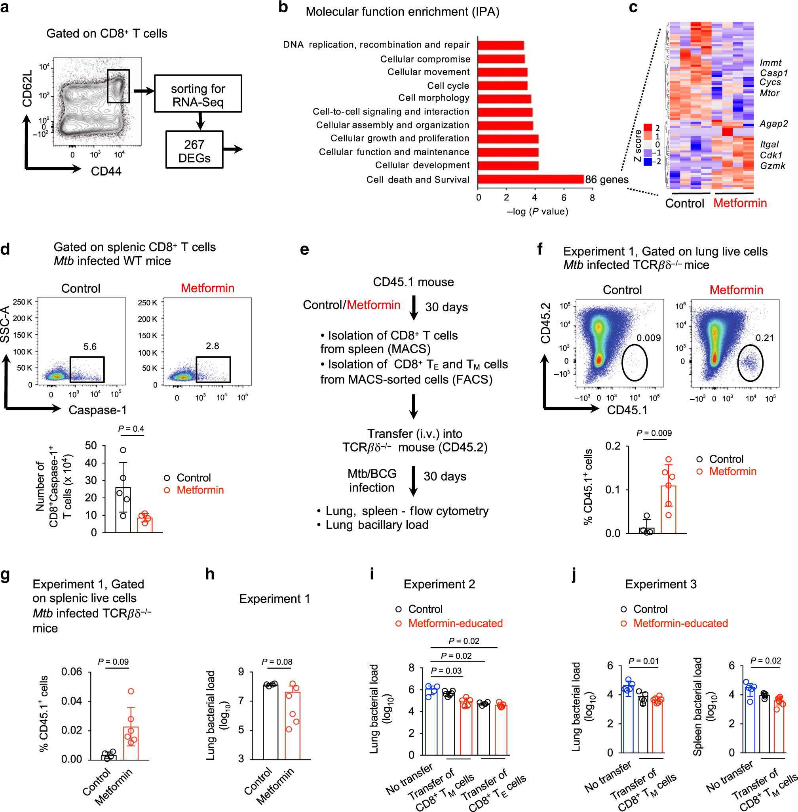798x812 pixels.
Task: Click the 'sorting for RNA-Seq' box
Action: pyautogui.click(x=198, y=93)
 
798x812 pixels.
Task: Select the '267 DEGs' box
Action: pyautogui.click(x=194, y=150)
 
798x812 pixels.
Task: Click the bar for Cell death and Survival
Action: pyautogui.click(x=530, y=179)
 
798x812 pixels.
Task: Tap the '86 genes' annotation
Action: pyautogui.click(x=606, y=179)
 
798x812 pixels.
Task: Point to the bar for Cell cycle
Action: pyautogui.click(x=502, y=86)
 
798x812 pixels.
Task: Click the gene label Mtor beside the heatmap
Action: pyautogui.click(x=769, y=93)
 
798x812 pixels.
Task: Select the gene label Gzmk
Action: pyautogui.click(x=772, y=166)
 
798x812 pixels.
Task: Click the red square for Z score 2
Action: pyautogui.click(x=648, y=128)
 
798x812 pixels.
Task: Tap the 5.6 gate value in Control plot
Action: pyautogui.click(x=90, y=347)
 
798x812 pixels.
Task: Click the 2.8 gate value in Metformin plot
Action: pyautogui.click(x=212, y=346)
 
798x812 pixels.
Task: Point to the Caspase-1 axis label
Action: pyautogui.click(x=97, y=410)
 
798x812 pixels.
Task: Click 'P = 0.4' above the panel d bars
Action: pyautogui.click(x=131, y=429)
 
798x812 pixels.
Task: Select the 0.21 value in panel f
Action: pyautogui.click(x=764, y=337)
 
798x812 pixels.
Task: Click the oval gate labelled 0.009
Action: pyautogui.click(x=634, y=362)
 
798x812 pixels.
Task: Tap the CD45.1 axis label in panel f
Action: pyautogui.click(x=627, y=410)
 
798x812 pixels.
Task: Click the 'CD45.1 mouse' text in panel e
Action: pyautogui.click(x=413, y=282)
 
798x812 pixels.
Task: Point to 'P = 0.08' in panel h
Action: pyautogui.click(x=277, y=662)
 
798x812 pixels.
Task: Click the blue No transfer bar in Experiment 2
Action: pyautogui.click(x=431, y=721)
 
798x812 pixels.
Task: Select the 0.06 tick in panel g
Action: pyautogui.click(x=72, y=672)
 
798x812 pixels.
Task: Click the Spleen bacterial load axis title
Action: pyautogui.click(x=697, y=706)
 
